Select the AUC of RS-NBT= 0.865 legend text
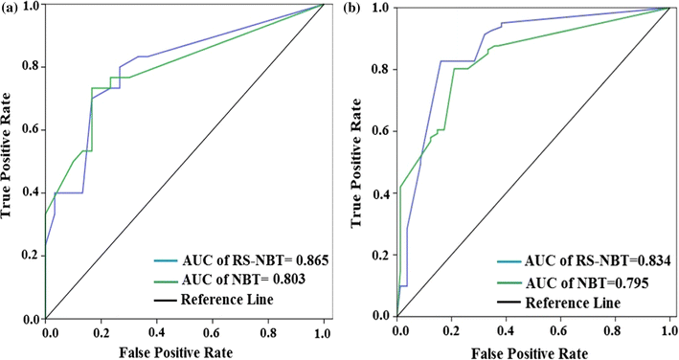point(247,259)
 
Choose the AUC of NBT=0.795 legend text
point(580,282)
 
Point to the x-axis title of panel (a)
point(185,351)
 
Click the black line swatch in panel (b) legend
point(509,303)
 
